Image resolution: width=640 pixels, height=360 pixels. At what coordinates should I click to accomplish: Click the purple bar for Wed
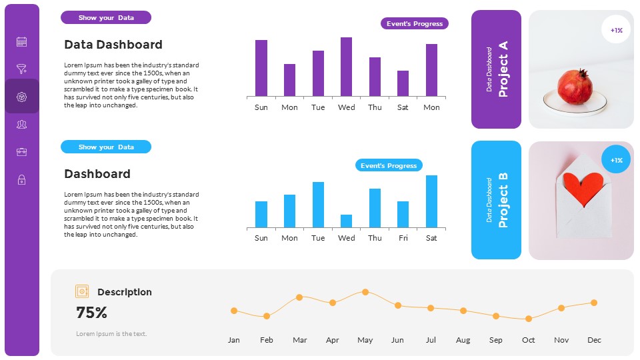pyautogui.click(x=346, y=67)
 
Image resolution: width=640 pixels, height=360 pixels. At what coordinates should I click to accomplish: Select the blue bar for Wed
pyautogui.click(x=346, y=221)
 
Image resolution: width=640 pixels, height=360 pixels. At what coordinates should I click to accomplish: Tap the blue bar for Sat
pyautogui.click(x=431, y=201)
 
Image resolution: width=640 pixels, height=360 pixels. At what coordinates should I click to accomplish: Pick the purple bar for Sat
pyautogui.click(x=403, y=83)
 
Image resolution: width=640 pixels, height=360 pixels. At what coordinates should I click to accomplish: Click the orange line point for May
pyautogui.click(x=365, y=292)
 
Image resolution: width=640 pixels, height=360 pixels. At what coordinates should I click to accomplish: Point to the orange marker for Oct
pyautogui.click(x=529, y=319)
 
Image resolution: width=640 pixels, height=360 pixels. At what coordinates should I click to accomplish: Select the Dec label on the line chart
pyautogui.click(x=594, y=340)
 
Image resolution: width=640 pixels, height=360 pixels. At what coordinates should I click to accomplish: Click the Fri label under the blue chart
pyautogui.click(x=403, y=238)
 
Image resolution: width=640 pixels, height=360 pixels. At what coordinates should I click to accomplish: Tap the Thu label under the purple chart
pyautogui.click(x=375, y=107)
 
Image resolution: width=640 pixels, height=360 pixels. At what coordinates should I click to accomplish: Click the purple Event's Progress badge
pyautogui.click(x=415, y=23)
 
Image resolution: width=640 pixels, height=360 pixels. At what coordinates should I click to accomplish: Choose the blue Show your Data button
pyautogui.click(x=106, y=147)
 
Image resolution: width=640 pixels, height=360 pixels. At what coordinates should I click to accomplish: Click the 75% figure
pyautogui.click(x=92, y=313)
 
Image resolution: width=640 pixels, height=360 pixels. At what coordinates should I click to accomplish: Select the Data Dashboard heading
pyautogui.click(x=113, y=45)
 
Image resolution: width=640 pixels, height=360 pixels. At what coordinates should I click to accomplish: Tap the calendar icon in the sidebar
pyautogui.click(x=21, y=42)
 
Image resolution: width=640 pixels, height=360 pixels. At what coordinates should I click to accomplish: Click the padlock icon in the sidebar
pyautogui.click(x=21, y=179)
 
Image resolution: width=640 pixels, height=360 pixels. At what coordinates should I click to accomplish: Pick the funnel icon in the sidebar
pyautogui.click(x=21, y=69)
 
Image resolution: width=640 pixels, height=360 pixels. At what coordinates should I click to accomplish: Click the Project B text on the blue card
pyautogui.click(x=503, y=200)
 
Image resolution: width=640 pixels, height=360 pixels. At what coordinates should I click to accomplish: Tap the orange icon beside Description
pyautogui.click(x=82, y=291)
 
